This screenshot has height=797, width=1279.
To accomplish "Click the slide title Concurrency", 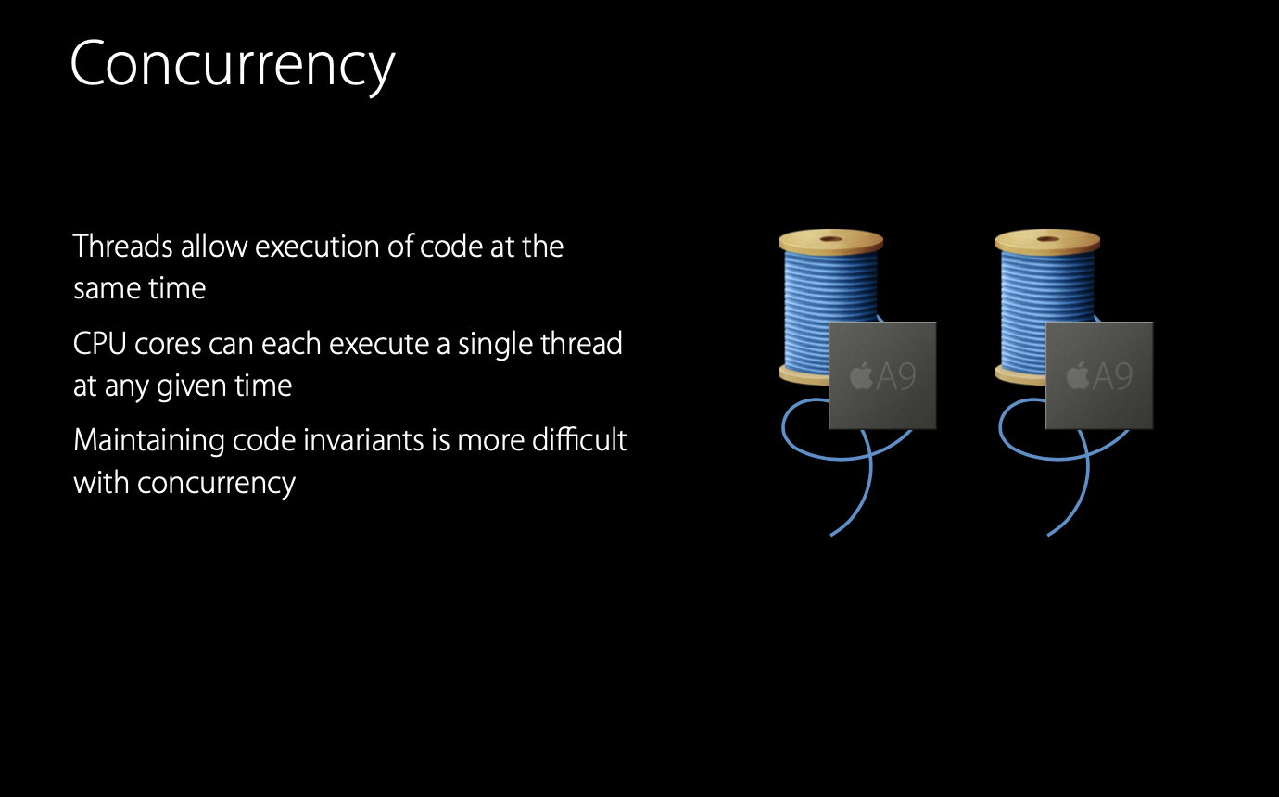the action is click(232, 65).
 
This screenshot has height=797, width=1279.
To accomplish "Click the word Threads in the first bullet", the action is click(123, 247).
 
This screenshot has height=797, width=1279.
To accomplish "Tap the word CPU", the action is click(100, 344).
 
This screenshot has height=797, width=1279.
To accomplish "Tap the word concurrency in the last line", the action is click(216, 482).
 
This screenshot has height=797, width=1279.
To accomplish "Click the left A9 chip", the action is click(882, 375).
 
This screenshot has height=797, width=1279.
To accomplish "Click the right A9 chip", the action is click(1099, 375).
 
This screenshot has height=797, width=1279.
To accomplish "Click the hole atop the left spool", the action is click(831, 239).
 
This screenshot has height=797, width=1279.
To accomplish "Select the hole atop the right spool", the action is click(1047, 239).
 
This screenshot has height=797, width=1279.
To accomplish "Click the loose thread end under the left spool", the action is click(834, 533).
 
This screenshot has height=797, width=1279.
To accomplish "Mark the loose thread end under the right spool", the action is click(1051, 533).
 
